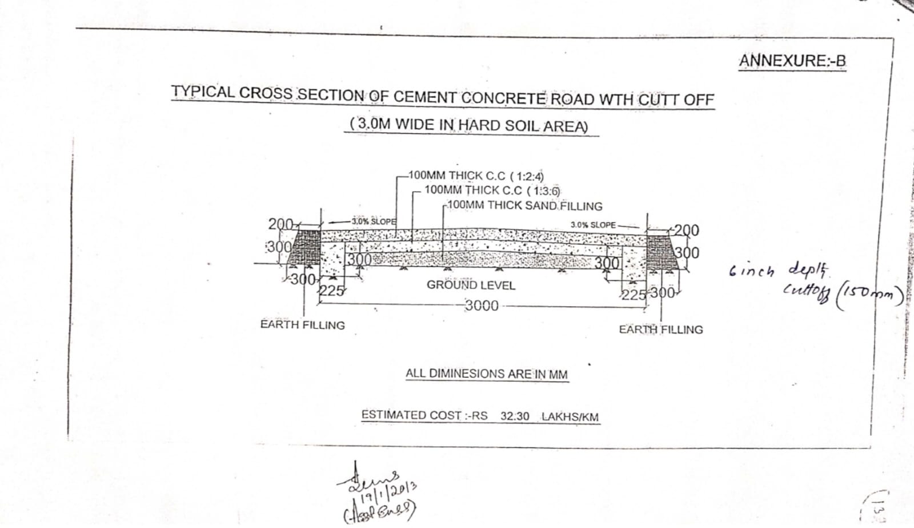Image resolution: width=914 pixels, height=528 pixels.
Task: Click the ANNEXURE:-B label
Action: pyautogui.click(x=792, y=61)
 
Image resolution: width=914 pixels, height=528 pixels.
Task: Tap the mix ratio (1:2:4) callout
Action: pyautogui.click(x=527, y=176)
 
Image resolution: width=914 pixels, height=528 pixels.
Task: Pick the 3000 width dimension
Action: pyautogui.click(x=482, y=305)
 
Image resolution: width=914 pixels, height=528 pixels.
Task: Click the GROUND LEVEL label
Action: pyautogui.click(x=471, y=285)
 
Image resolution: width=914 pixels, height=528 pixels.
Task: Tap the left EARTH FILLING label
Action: pyautogui.click(x=302, y=325)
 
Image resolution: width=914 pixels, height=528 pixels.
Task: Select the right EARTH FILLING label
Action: pyautogui.click(x=661, y=329)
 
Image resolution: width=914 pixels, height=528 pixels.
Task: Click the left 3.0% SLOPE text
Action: pyautogui.click(x=374, y=221)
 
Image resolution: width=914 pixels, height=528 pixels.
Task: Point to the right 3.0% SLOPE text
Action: pyautogui.click(x=593, y=225)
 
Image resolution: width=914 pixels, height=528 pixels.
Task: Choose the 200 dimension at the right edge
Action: pyautogui.click(x=686, y=230)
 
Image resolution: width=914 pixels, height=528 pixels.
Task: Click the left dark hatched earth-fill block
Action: pyautogui.click(x=304, y=247)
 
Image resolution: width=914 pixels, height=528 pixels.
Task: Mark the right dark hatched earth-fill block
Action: pyautogui.click(x=662, y=250)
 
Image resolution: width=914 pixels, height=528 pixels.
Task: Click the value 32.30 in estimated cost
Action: pyautogui.click(x=515, y=416)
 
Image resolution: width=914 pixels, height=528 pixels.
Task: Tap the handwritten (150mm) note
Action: pyautogui.click(x=871, y=295)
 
